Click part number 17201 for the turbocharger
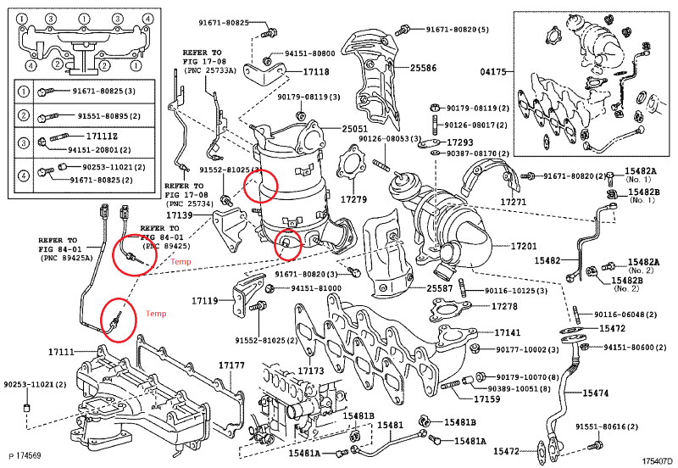(525, 246)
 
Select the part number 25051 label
(356, 129)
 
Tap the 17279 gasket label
(353, 200)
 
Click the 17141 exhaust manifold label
(508, 333)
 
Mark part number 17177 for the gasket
(231, 365)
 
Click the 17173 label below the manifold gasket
(311, 370)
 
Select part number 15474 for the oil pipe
(595, 393)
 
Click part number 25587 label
(440, 288)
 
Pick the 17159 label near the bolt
(487, 398)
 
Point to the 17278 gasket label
(505, 306)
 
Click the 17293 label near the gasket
(460, 142)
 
